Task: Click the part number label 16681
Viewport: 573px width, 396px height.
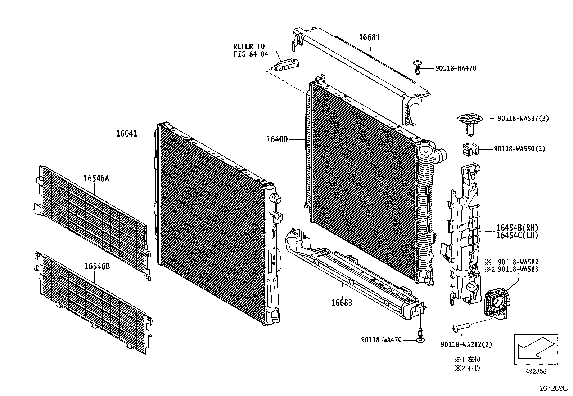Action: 369,37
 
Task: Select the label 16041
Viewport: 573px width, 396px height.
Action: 127,134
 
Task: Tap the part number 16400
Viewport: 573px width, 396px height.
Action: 277,139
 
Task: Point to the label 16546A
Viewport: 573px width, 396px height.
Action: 96,178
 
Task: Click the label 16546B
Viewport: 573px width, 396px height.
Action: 97,266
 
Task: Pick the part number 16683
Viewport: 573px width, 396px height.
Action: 342,302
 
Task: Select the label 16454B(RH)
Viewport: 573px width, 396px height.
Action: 517,228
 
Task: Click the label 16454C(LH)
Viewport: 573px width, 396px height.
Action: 517,236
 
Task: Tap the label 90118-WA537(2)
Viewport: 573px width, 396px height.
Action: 523,118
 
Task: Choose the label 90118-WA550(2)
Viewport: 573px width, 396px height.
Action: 519,148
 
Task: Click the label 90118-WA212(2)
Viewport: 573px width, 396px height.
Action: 466,344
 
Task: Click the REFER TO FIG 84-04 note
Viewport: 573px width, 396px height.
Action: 249,50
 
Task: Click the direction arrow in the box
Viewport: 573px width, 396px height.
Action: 536,349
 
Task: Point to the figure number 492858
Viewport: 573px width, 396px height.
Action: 536,372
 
